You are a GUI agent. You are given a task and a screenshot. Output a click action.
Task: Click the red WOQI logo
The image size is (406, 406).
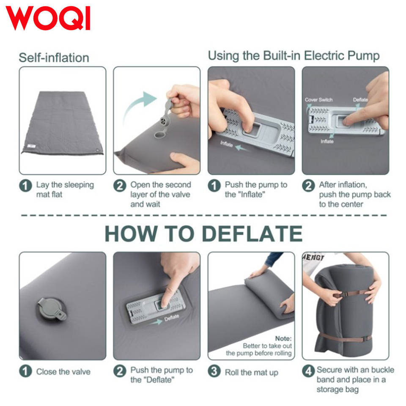(x=48, y=18)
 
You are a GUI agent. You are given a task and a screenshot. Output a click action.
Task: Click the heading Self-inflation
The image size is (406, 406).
(x=54, y=58)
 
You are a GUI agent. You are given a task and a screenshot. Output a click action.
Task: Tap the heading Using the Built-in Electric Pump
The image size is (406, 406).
(x=294, y=56)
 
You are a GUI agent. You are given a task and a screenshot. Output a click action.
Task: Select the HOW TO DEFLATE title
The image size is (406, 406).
(x=203, y=233)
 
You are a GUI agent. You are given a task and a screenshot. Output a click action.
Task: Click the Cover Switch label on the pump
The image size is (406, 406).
(x=318, y=100)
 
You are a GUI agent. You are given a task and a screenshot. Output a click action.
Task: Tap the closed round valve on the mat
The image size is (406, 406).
(x=51, y=309)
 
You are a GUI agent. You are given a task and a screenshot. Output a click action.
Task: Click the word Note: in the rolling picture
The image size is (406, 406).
(x=283, y=338)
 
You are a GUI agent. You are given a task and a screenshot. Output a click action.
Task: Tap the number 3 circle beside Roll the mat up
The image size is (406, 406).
(x=214, y=371)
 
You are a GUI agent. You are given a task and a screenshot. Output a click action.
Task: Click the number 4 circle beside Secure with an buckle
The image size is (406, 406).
(x=308, y=371)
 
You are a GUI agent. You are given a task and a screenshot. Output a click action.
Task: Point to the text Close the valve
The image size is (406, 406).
(x=63, y=372)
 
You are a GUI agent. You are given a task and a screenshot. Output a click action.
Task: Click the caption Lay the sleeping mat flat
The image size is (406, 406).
(x=65, y=189)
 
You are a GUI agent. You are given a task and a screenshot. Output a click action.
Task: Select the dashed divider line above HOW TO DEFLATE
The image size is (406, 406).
(x=204, y=215)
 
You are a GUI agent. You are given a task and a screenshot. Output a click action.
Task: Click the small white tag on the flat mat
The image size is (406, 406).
(x=32, y=146)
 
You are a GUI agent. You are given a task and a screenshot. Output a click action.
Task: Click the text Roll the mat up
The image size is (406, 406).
(x=251, y=372)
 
